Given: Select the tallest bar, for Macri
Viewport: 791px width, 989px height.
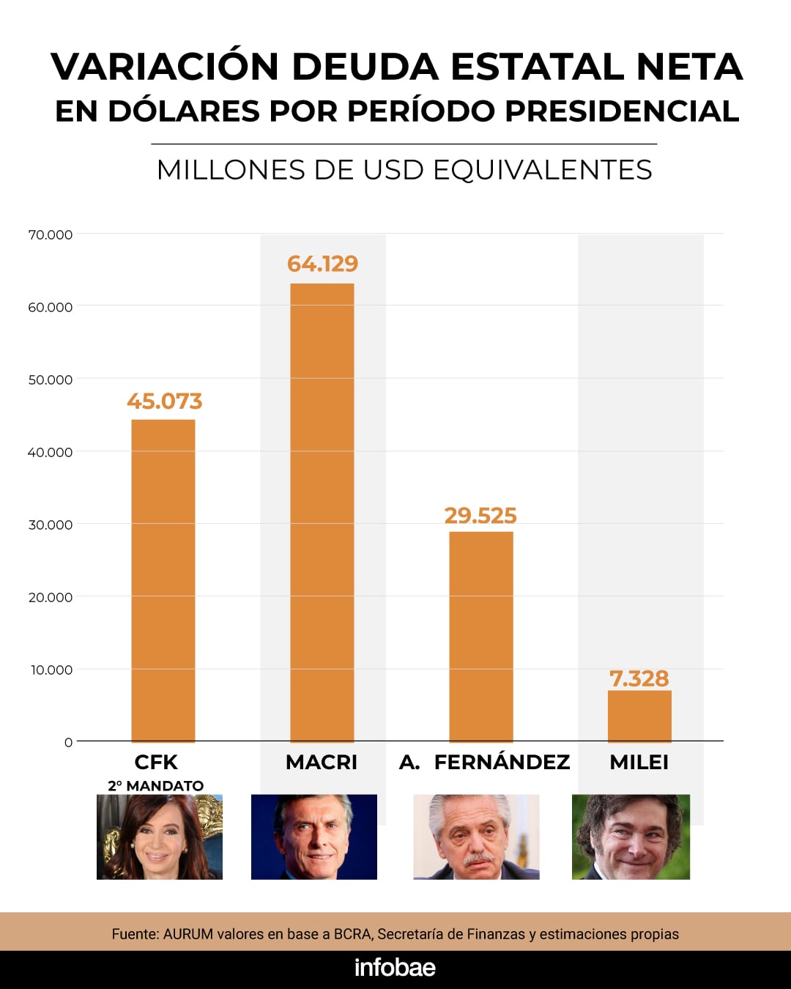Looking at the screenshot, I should coord(322,512).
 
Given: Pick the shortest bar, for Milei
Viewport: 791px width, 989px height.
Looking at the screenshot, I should coord(639,716).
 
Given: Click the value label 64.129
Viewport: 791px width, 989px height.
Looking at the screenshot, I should coord(322,264).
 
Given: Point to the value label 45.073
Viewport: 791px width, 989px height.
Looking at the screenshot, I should coord(164,401).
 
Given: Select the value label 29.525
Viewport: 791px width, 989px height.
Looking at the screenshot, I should coord(480,516).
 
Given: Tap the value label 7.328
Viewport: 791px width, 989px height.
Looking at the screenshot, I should coord(639,678).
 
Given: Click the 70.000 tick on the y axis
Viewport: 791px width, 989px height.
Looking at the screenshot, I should coord(51,234).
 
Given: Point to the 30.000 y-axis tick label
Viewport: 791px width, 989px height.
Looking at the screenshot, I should coord(51,525).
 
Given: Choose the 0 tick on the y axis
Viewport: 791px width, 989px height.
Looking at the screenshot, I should coord(68,742).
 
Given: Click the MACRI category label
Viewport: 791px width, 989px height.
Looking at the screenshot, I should coord(322,762).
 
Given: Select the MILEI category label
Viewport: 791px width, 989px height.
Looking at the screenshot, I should coord(639,762).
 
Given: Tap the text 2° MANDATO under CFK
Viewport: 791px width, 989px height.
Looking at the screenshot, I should coord(156,785).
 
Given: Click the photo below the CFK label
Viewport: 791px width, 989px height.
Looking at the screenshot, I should coord(160,837).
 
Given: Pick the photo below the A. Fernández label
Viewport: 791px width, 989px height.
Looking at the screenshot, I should coord(476,837).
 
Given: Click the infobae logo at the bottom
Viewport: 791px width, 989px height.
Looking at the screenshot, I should coord(395,968).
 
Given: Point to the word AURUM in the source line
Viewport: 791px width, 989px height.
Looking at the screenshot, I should coord(188,934).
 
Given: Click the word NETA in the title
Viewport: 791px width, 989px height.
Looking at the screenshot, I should coord(689,67).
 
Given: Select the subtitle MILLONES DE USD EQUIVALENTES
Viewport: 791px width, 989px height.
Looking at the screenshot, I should coord(404,170).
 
